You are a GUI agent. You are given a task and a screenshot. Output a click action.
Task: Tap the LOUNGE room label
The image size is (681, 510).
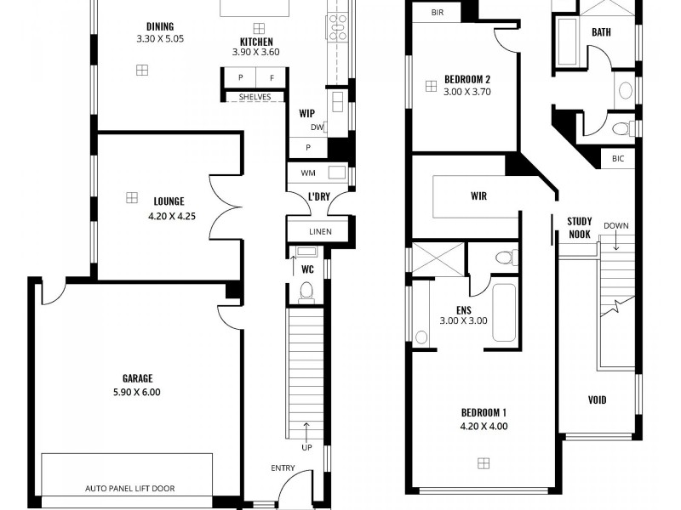pos(169,201)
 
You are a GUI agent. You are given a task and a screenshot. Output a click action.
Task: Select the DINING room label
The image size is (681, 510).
pos(159,26)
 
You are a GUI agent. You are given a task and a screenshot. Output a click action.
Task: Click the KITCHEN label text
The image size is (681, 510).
pos(255,41)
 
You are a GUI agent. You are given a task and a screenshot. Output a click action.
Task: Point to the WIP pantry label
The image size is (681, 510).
pos(306,112)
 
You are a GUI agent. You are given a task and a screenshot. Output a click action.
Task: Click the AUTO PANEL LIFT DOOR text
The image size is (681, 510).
pos(135,489)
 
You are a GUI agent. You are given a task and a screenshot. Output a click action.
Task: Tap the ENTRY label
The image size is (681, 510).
pos(283,468)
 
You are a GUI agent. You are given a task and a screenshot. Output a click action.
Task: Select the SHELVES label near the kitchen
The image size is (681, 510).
pos(255,97)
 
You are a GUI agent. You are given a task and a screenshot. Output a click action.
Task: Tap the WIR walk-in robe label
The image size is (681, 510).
pos(478,195)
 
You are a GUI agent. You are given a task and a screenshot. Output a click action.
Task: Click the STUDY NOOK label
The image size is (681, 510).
pos(579,227)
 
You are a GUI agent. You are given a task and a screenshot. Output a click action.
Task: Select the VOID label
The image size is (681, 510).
pos(598,399)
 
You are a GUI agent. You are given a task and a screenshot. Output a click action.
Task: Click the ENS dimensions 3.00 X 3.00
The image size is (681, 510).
pos(463,320)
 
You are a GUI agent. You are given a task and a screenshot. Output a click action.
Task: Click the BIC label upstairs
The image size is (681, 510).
pos(617,159)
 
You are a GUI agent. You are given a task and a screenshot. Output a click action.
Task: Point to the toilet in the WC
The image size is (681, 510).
pos(307,292)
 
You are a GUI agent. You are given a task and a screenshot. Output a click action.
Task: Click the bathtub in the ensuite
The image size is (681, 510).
pos(503,313)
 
